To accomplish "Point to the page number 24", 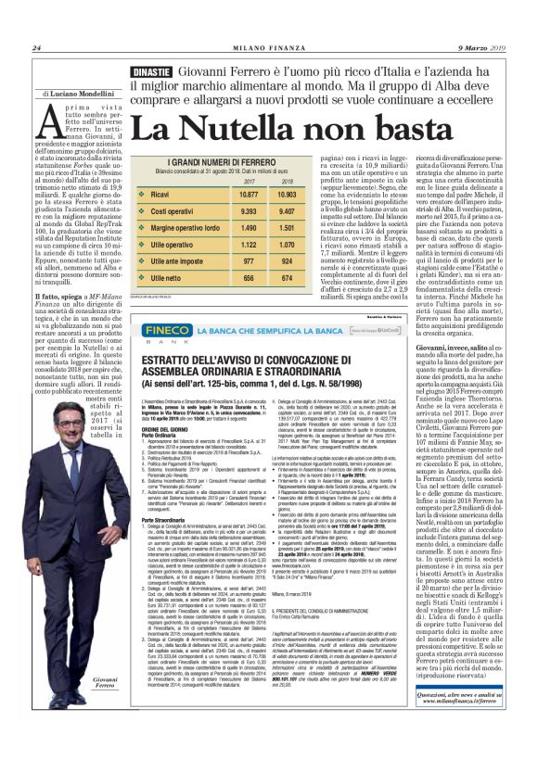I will (x=37, y=48).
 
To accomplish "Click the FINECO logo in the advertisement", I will (x=160, y=328).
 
